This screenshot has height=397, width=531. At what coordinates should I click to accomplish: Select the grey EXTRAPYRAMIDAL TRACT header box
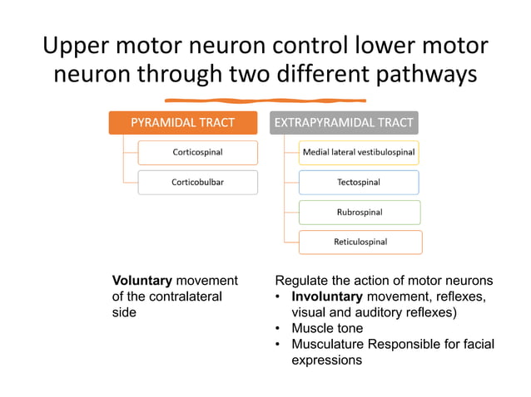point(344,123)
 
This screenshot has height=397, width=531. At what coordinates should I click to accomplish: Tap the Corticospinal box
point(197,152)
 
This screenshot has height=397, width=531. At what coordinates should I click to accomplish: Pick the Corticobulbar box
point(197,181)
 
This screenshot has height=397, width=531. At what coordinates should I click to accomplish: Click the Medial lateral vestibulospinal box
point(359,152)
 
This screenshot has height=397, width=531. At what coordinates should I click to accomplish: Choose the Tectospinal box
point(359,182)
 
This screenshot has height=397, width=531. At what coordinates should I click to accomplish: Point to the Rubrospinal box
point(359,212)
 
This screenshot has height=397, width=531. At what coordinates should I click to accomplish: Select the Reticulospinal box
point(360,242)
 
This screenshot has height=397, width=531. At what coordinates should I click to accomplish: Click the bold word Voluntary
point(141,281)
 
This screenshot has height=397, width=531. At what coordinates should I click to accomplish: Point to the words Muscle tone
point(327,328)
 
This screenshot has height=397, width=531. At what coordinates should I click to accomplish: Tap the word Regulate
point(302,281)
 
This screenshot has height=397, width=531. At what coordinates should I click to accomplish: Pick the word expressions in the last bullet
point(327,360)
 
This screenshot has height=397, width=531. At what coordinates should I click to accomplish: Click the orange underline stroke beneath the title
point(265,101)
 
